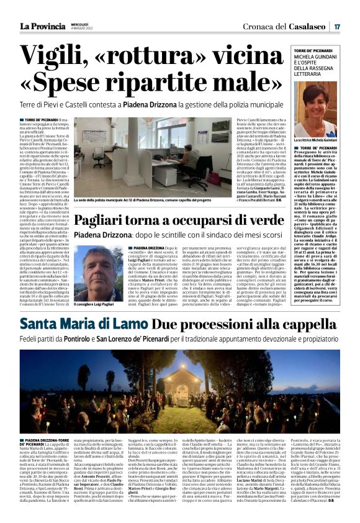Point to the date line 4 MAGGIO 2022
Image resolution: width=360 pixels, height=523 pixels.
point(68,29)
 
